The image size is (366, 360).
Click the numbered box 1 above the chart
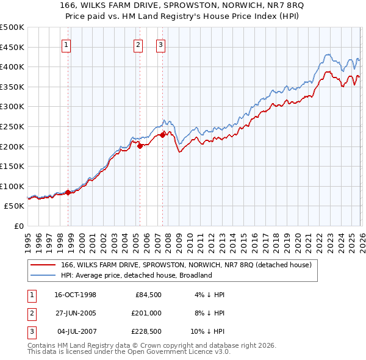point(66,44)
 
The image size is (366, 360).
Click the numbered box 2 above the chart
point(138,44)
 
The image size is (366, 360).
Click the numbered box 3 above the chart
point(160,44)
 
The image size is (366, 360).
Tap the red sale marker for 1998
point(68,192)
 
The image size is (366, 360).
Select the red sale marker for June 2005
point(140,146)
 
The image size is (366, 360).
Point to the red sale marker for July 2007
point(162,135)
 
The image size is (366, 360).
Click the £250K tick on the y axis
point(12,126)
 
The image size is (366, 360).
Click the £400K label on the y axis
point(12,67)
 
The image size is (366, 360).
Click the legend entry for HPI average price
point(135,275)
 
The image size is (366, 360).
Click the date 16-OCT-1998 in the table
point(75,295)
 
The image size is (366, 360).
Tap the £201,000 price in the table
point(148,314)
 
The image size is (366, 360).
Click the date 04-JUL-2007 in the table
point(75,333)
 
